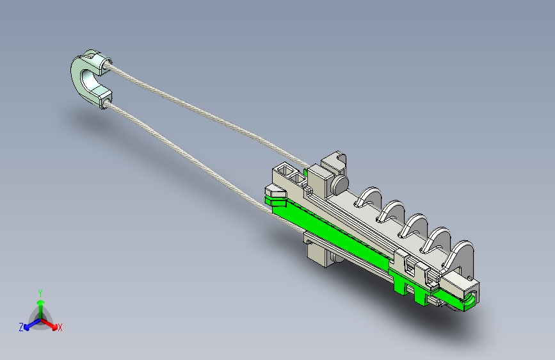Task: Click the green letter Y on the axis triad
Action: pos(40,293)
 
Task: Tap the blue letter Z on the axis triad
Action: pos(21,327)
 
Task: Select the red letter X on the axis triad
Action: pos(60,328)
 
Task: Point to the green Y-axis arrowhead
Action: pos(41,302)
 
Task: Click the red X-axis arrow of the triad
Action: pos(49,323)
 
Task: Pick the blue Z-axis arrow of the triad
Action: pos(33,324)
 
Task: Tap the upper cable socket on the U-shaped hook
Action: pos(102,63)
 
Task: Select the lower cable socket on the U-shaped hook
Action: pos(106,99)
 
